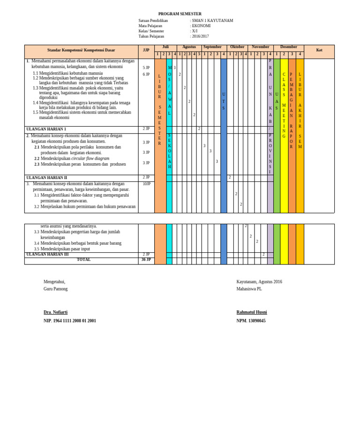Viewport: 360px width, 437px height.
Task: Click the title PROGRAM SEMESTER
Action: tap(180, 14)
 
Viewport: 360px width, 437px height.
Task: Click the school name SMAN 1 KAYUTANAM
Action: tap(212, 21)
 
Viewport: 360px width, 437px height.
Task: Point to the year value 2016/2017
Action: tap(200, 36)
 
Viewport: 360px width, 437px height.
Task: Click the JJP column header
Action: tap(146, 50)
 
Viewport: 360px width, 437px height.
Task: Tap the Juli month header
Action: tap(165, 47)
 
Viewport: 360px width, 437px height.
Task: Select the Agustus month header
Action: tap(189, 47)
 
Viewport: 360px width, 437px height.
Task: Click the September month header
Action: tap(212, 47)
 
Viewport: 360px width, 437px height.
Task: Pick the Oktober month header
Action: tap(237, 47)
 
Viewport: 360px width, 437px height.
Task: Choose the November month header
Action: tap(261, 47)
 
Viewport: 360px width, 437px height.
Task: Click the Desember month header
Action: tap(289, 47)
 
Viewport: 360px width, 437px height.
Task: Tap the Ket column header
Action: tap(319, 50)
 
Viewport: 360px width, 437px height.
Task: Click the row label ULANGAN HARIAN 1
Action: tap(46, 129)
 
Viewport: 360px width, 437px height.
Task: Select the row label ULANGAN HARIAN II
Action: tap(47, 178)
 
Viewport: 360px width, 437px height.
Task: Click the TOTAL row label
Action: tap(83, 259)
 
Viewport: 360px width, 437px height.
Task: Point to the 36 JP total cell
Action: tap(146, 259)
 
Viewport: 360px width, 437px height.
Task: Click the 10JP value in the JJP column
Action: tap(146, 184)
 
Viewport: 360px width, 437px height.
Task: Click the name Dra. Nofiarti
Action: tap(55, 312)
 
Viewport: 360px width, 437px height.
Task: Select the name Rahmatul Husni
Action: tap(252, 312)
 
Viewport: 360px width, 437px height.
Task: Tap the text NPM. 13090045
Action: tap(251, 321)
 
